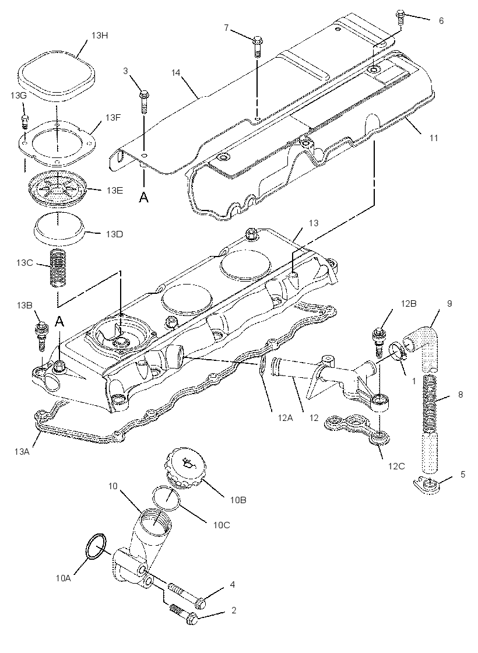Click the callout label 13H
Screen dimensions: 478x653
(100, 36)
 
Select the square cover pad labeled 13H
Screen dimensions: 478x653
(58, 75)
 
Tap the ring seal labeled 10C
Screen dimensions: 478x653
(166, 498)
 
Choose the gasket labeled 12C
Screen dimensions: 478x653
(358, 429)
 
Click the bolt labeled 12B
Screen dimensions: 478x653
(378, 342)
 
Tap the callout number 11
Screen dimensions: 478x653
(434, 138)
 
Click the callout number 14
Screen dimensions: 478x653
(176, 72)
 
